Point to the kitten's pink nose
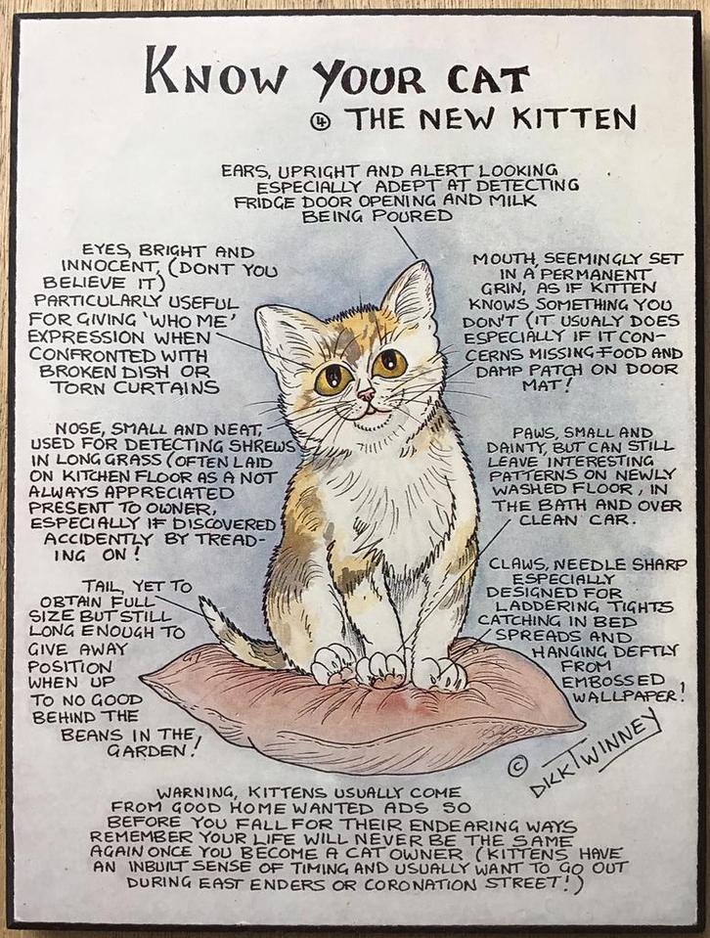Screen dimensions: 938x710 (x=365, y=395)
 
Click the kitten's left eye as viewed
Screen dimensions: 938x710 (x=333, y=377)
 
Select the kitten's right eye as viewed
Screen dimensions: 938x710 (x=389, y=364)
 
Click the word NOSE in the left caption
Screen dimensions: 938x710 (x=79, y=428)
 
